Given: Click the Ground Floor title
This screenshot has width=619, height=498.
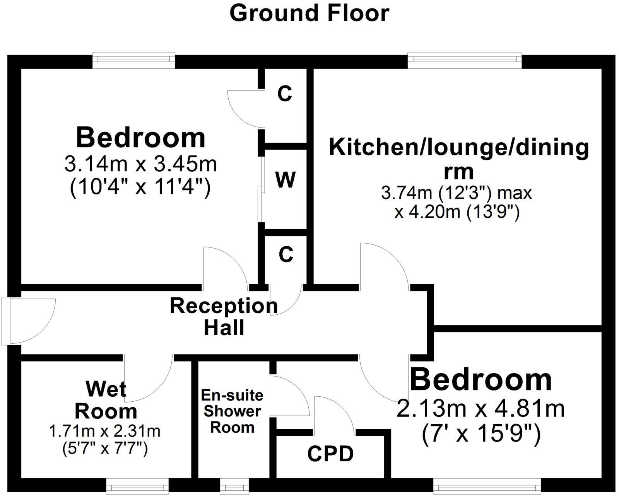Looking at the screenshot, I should (309, 14).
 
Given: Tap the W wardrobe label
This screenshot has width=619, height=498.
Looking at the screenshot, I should (286, 180).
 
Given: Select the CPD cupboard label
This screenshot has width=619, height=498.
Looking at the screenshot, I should (331, 454).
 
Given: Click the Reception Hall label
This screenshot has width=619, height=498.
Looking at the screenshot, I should (224, 317).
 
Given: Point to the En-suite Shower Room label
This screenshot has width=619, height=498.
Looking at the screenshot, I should (232, 411).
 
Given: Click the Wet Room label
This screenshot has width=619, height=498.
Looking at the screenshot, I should (106, 400).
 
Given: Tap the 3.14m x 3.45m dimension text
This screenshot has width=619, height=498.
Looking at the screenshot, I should (140, 165).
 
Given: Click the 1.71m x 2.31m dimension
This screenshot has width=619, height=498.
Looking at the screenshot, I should (105, 431).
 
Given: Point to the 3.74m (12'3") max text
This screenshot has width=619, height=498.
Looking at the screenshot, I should (457, 193).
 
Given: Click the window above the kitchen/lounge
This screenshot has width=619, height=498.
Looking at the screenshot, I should (464, 59).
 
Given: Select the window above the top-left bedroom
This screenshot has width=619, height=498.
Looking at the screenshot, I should (133, 59).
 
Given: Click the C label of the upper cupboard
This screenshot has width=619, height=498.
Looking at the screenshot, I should (285, 94).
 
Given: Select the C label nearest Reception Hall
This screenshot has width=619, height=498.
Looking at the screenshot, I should (286, 255).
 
